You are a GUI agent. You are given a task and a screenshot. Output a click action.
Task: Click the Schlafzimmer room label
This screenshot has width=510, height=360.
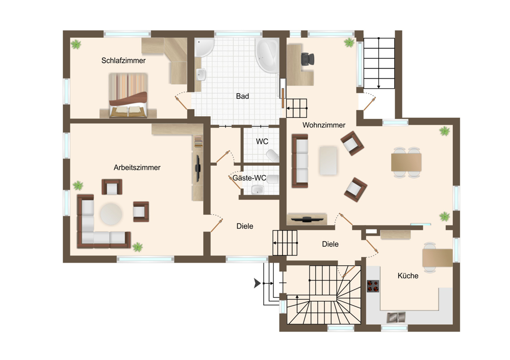(123, 61)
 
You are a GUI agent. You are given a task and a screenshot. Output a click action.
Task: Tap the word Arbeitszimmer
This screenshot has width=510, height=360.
(137, 167)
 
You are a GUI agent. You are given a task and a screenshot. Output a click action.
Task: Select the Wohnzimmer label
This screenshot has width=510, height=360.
(324, 125)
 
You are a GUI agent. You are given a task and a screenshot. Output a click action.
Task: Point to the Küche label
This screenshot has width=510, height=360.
(408, 276)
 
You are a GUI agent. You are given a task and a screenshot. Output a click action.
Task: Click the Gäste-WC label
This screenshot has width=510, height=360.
(249, 178)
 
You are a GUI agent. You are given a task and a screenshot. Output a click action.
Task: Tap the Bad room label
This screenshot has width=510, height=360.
(242, 96)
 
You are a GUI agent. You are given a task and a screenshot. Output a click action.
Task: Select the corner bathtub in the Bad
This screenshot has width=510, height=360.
(267, 55)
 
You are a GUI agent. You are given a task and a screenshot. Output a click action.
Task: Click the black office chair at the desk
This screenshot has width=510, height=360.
(308, 59)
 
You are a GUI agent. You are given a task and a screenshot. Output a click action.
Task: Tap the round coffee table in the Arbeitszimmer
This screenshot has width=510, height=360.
(111, 214)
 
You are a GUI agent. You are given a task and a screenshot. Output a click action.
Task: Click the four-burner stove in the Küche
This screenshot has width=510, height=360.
(373, 286)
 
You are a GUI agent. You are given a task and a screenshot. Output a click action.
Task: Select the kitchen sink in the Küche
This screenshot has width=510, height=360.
(396, 317)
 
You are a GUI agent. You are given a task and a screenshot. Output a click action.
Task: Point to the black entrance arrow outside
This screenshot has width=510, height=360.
(257, 284)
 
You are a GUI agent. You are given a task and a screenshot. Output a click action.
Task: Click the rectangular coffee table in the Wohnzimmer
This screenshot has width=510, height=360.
(328, 161)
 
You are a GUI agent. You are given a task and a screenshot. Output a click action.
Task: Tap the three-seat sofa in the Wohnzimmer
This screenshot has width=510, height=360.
(300, 161)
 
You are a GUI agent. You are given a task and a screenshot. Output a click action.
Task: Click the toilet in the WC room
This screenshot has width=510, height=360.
(272, 156)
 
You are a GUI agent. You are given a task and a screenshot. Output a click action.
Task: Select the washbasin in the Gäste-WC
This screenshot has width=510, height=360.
(258, 189)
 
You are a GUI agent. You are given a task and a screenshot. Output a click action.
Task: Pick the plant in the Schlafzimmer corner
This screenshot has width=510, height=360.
(76, 44)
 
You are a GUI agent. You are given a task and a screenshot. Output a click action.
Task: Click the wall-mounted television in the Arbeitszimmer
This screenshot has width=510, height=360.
(197, 168)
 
